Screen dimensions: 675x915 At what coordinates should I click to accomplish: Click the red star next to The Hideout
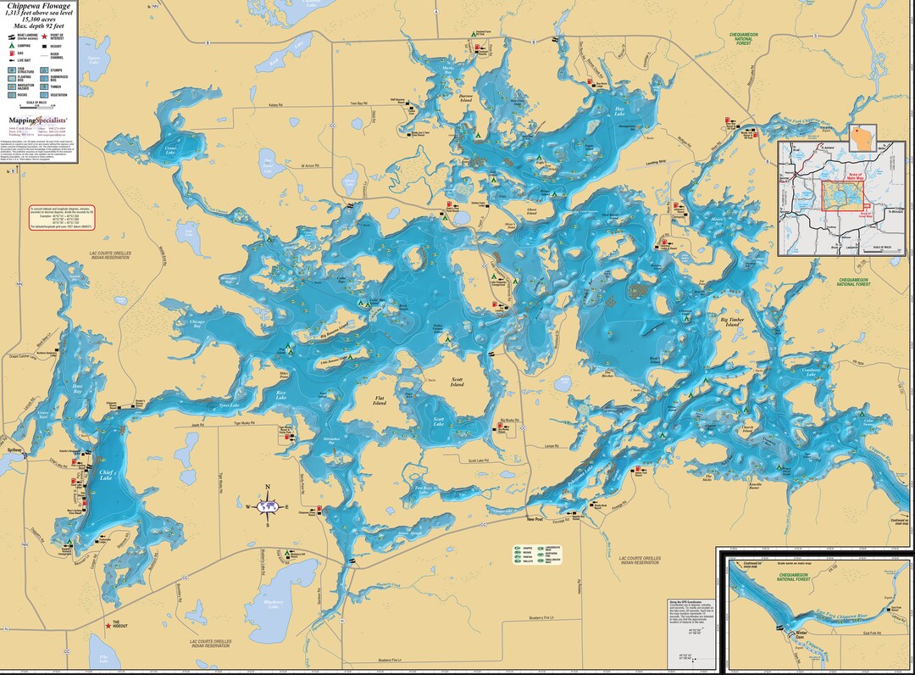(x=108, y=625)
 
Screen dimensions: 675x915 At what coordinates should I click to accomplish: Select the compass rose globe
(x=269, y=506)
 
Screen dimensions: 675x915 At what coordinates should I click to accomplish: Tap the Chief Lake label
(x=105, y=476)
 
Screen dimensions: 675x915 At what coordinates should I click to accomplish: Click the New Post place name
(x=533, y=520)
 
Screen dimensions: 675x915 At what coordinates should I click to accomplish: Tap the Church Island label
(x=746, y=429)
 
